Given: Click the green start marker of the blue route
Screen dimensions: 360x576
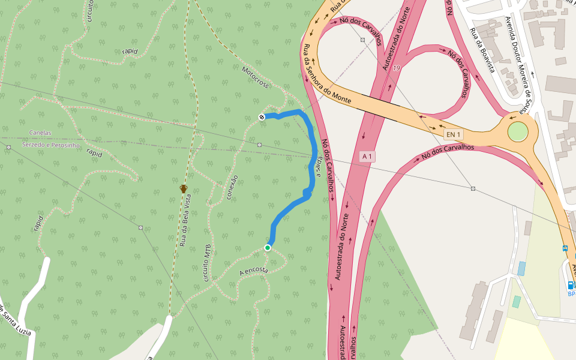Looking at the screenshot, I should click(x=268, y=247).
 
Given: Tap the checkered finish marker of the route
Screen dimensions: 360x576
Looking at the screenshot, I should click(x=262, y=116).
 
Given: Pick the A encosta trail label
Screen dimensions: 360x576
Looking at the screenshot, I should click(x=253, y=272).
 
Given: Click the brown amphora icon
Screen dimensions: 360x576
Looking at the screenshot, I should click(x=184, y=189).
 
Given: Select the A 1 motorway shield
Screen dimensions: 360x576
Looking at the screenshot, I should click(x=367, y=157).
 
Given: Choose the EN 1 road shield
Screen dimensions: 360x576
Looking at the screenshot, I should click(x=453, y=134).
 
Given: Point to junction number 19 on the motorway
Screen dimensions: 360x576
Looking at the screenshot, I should click(x=397, y=68).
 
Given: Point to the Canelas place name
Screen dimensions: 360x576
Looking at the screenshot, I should click(x=40, y=133).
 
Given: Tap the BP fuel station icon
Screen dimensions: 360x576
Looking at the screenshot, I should click(x=571, y=285).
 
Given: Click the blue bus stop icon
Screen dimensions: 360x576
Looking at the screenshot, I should click(x=565, y=248).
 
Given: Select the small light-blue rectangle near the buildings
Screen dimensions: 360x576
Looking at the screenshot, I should click(x=521, y=268).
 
